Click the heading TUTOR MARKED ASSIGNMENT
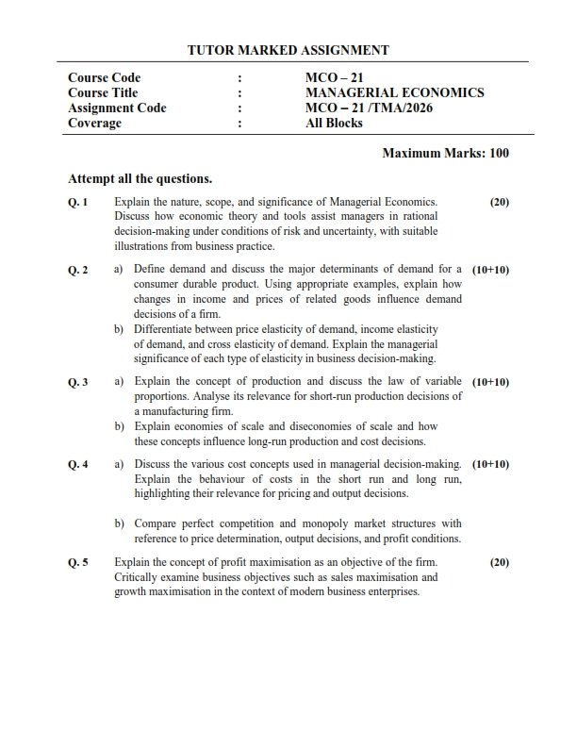pos(288,50)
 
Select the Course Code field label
pos(104,77)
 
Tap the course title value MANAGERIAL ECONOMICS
pos(394,92)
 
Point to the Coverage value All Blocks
pos(334,123)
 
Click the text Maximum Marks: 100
pos(446,154)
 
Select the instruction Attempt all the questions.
pos(140,178)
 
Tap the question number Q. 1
pos(78,202)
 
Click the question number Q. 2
pos(78,270)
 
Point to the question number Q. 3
pos(78,382)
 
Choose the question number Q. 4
pos(78,464)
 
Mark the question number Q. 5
pos(78,562)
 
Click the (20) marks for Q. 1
pos(499,202)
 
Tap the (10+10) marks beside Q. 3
pos(490,382)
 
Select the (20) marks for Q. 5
pos(499,562)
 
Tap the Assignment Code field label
pos(117,108)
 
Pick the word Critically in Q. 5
pos(138,577)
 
